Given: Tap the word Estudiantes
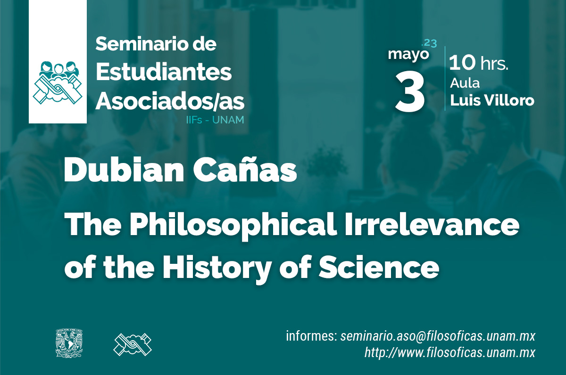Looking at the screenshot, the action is pos(164,72).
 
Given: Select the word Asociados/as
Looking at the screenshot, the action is pos(170,101).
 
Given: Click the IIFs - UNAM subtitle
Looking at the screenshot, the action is pos(215,120).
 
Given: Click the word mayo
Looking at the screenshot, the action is pos(408,55).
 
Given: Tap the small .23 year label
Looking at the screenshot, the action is pos(429,43).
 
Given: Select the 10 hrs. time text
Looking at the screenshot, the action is pos(478,63).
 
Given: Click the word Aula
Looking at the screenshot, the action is pos(465,83).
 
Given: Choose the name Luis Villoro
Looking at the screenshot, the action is pos(492,100).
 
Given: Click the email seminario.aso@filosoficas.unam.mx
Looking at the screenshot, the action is pos(438,336).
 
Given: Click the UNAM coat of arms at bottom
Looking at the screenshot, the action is pos(69,343).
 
